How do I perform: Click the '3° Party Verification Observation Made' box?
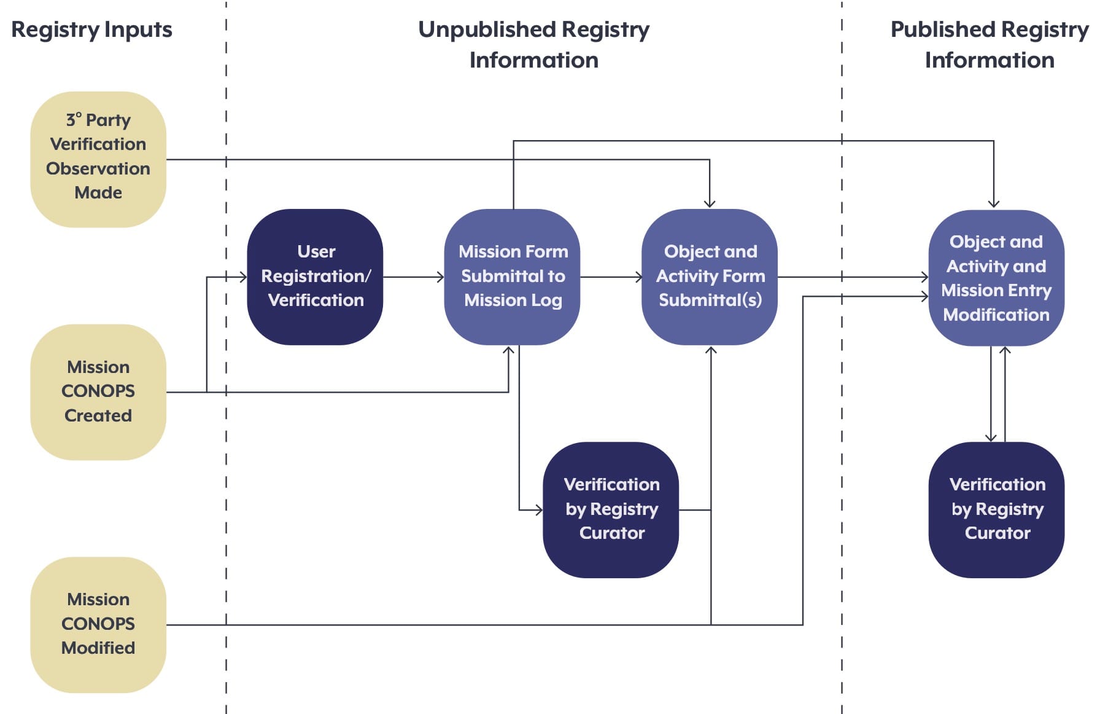pyautogui.click(x=98, y=160)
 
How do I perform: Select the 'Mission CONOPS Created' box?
pyautogui.click(x=98, y=392)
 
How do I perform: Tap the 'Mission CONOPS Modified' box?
pyautogui.click(x=98, y=625)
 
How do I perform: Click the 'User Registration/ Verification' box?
pyautogui.click(x=315, y=277)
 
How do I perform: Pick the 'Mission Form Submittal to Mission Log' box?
pyautogui.click(x=513, y=277)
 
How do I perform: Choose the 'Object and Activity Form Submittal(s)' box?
pyautogui.click(x=710, y=277)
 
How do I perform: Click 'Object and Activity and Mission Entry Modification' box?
pyautogui.click(x=996, y=278)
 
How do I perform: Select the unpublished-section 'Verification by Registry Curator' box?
pyautogui.click(x=611, y=510)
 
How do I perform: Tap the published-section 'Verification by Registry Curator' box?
pyautogui.click(x=996, y=510)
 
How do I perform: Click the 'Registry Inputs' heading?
pyautogui.click(x=91, y=29)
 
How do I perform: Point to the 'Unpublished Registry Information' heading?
pyautogui.click(x=533, y=44)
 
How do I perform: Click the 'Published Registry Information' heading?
pyautogui.click(x=990, y=44)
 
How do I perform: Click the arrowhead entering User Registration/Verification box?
pyautogui.click(x=244, y=277)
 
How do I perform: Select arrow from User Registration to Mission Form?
pyautogui.click(x=414, y=277)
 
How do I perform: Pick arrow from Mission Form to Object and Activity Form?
pyautogui.click(x=611, y=277)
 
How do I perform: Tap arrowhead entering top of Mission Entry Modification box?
pyautogui.click(x=994, y=204)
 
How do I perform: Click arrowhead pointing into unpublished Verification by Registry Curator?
pyautogui.click(x=539, y=510)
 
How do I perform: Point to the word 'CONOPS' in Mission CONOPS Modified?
pyautogui.click(x=98, y=624)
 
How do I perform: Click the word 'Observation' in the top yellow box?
pyautogui.click(x=98, y=168)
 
